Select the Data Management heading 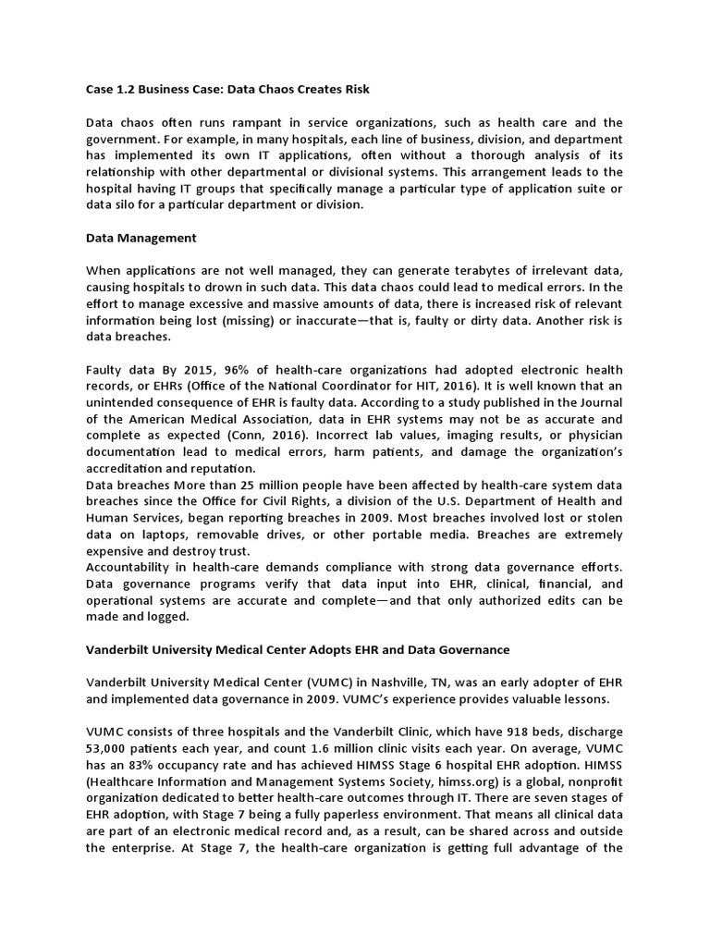pos(141,238)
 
